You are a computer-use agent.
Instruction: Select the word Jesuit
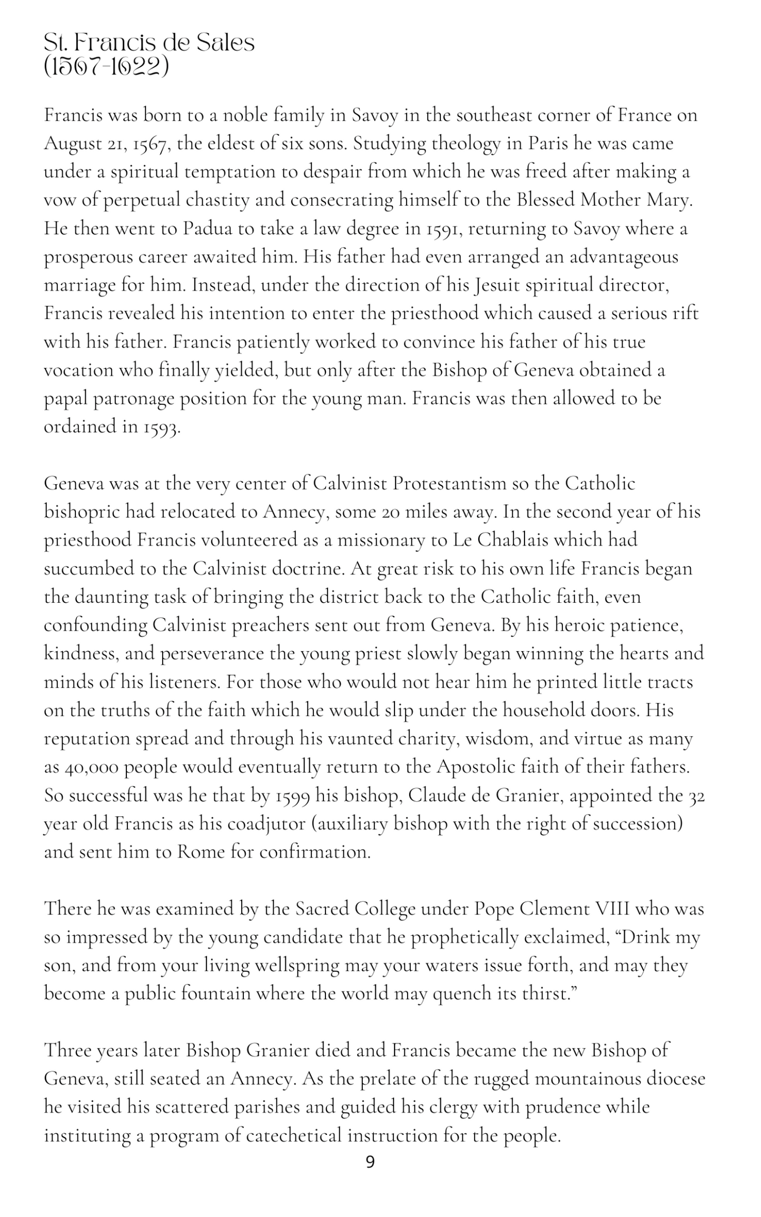click(498, 285)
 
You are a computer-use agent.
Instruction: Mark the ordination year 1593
click(162, 427)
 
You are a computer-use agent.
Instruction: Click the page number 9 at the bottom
click(370, 1162)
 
